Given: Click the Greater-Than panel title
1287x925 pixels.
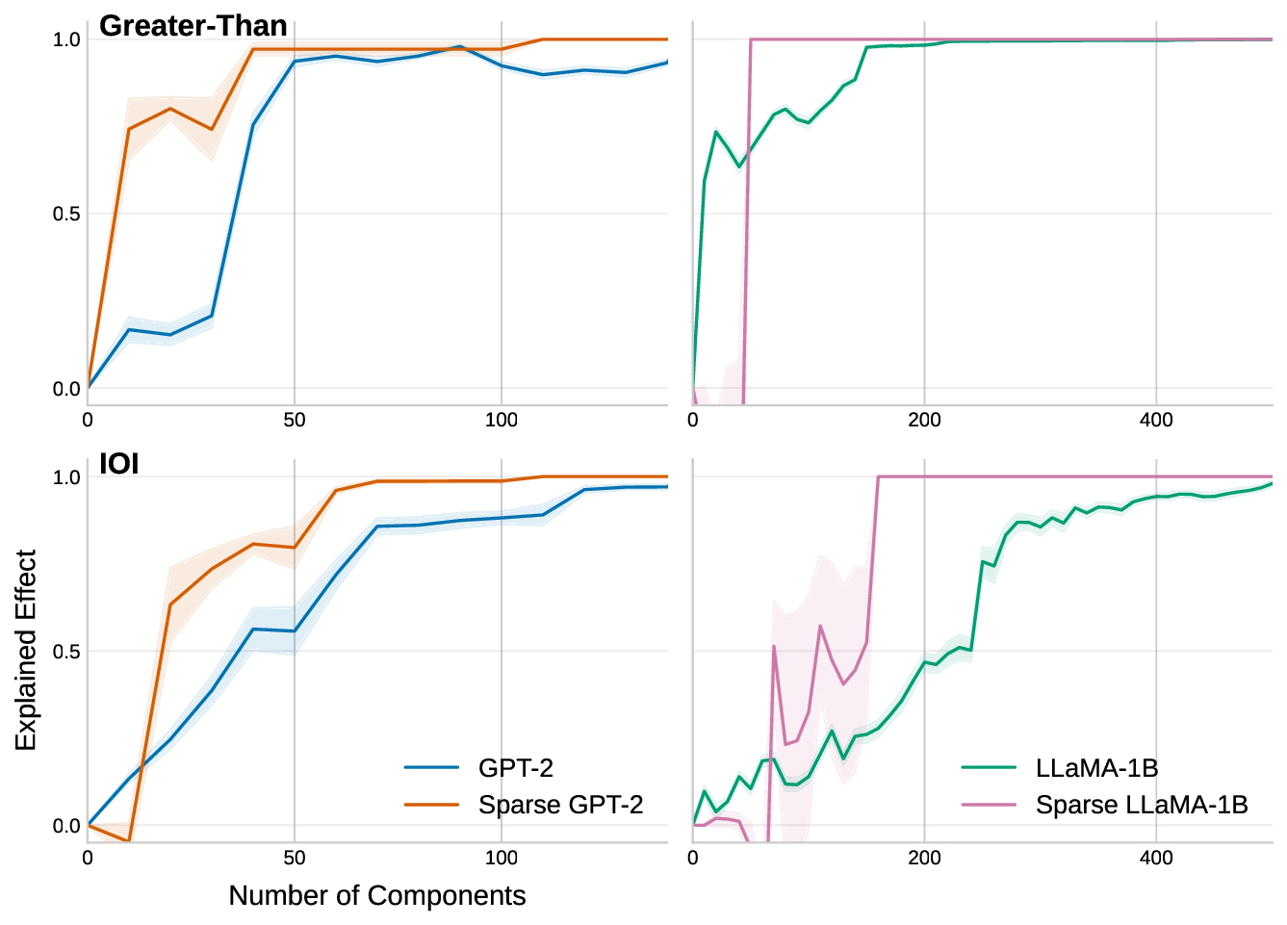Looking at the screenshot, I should (193, 26).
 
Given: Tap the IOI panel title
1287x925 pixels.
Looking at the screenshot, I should (119, 464).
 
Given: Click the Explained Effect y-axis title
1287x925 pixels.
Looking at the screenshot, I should (26, 650).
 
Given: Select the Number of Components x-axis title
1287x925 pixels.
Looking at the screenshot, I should (376, 895).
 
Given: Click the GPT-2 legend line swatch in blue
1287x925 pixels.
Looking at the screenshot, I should (431, 767).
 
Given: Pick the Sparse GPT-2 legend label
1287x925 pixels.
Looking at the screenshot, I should (560, 805).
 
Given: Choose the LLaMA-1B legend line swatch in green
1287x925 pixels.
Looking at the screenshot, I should (989, 767).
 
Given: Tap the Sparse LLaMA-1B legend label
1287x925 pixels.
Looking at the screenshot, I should (1142, 805).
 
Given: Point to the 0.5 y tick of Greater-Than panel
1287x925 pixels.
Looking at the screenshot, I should (66, 214).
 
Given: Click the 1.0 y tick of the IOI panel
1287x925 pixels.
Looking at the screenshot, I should (66, 477).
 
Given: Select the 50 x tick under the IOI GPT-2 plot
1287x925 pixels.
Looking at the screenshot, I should (295, 858).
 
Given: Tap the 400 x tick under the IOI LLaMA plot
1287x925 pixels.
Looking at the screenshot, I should (1156, 858).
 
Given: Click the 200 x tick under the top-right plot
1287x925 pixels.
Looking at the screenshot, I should (924, 420).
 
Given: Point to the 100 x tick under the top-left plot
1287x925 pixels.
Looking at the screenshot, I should (501, 420).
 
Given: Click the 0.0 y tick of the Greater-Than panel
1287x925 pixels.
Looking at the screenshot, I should (66, 389).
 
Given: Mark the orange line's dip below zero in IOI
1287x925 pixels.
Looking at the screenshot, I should (129, 841).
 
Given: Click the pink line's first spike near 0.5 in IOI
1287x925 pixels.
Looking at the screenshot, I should (774, 646).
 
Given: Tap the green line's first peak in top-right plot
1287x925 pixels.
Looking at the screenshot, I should (716, 132).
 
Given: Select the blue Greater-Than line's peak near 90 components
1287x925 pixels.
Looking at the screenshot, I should (460, 46).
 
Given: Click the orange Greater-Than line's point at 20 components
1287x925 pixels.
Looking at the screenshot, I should (170, 109).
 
